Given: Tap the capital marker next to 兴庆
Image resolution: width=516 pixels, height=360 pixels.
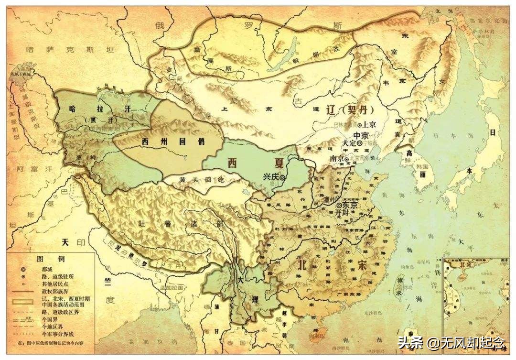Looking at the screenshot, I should click(x=283, y=177).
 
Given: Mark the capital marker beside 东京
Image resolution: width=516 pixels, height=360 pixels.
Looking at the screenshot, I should click(x=339, y=205).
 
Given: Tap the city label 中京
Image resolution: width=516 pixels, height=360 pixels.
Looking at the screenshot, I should click(x=360, y=135).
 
